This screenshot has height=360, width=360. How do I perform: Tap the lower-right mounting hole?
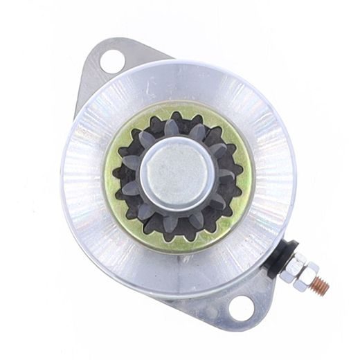[x=241, y=308]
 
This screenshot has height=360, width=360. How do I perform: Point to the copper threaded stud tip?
[x=322, y=285]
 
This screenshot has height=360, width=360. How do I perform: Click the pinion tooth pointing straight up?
[x=172, y=127]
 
